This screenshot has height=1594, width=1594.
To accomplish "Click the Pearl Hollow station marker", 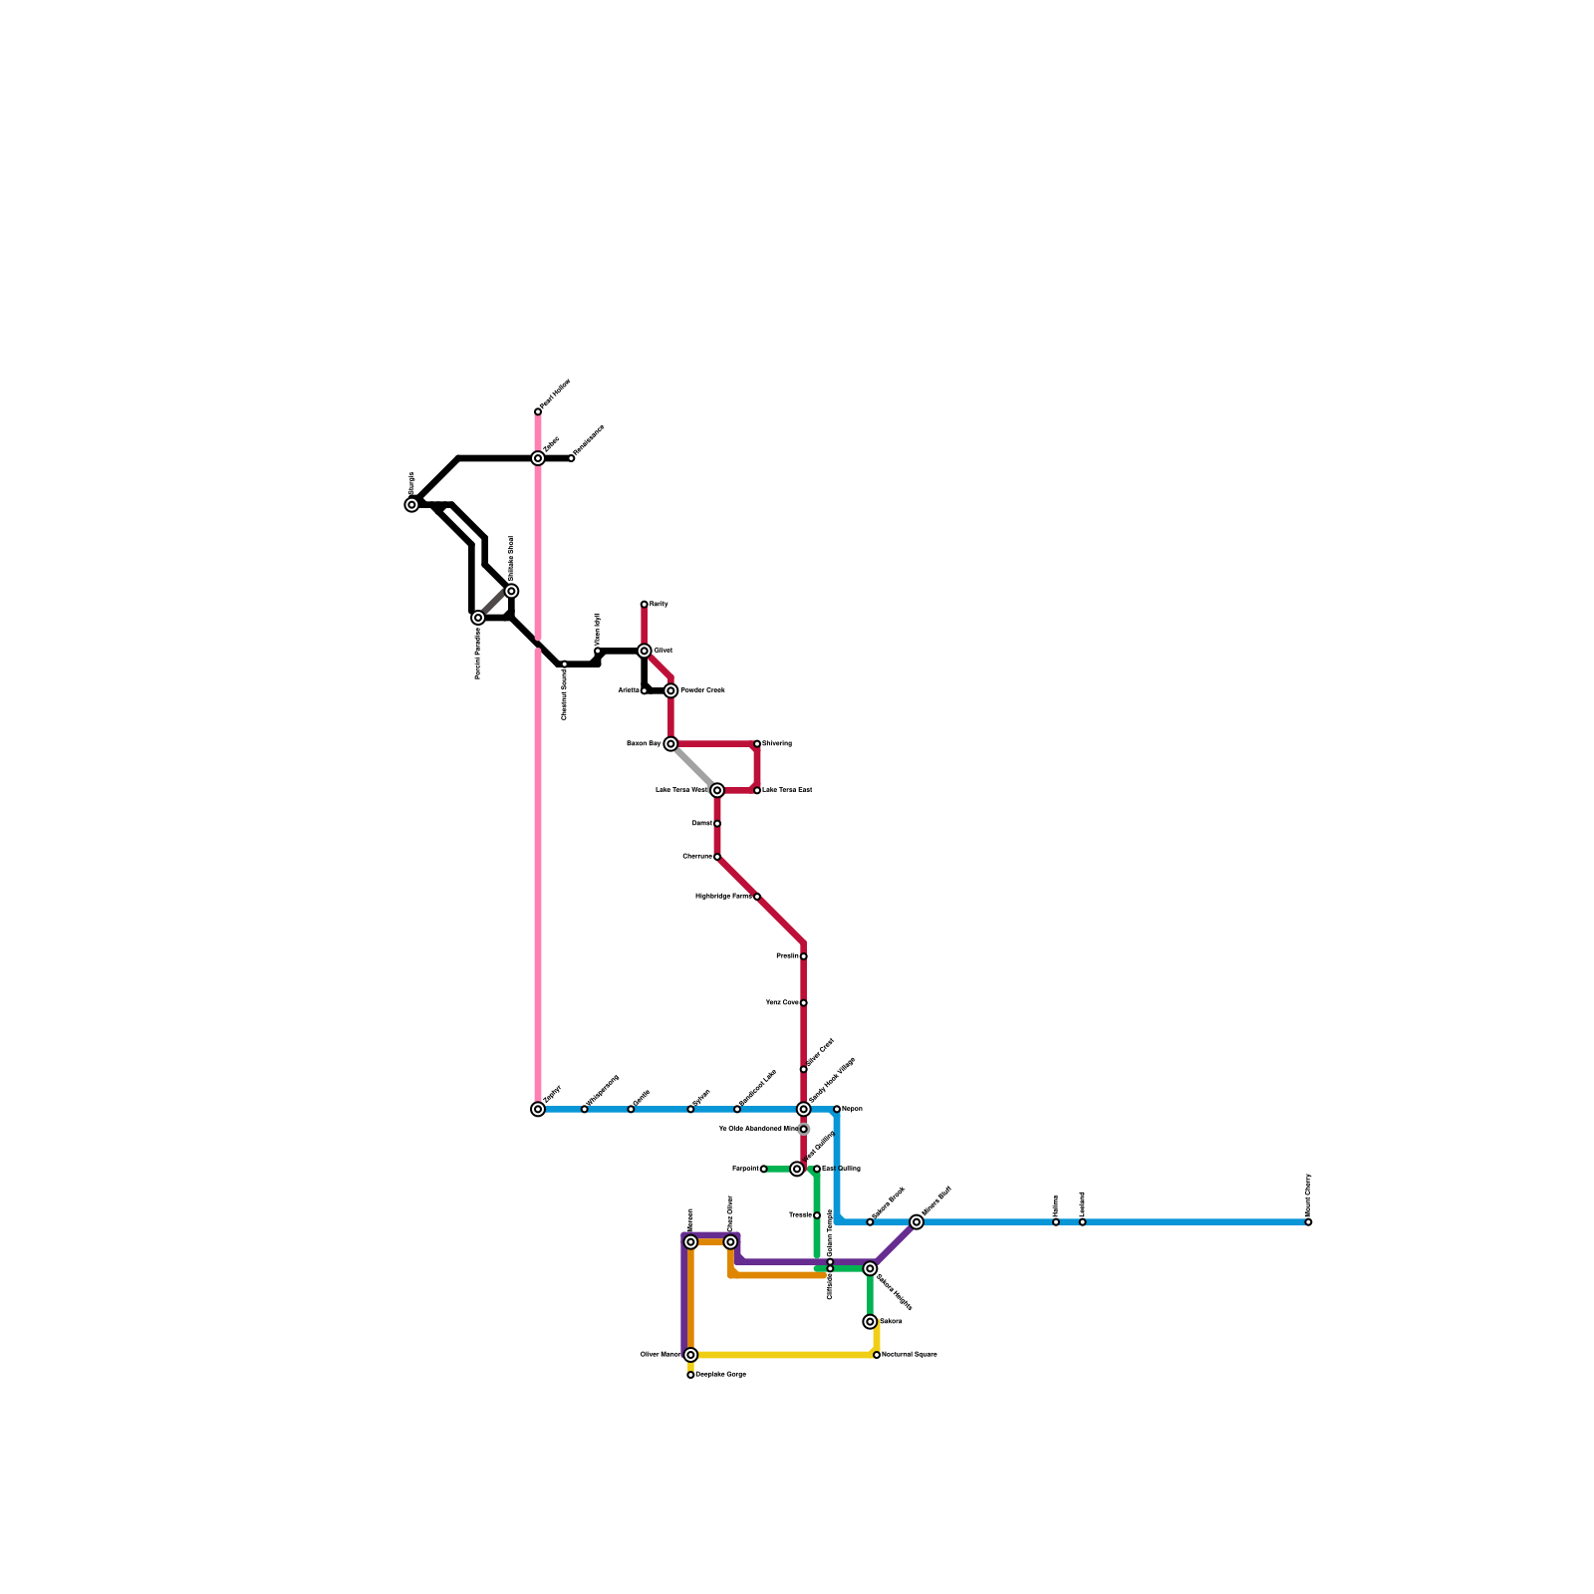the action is coord(538,410).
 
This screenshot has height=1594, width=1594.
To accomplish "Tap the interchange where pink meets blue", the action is coord(538,1109).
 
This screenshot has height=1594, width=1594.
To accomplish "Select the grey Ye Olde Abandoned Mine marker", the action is coord(803,1129).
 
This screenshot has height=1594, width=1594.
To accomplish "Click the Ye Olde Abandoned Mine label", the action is coord(757,1129).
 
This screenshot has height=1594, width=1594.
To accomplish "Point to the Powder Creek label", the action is coord(702,690).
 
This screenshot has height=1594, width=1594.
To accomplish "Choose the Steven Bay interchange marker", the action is coord(670,743).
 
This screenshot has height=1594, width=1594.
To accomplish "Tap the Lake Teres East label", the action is coord(787,790).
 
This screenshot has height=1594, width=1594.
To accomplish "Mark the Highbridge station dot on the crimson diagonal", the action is coord(757,897).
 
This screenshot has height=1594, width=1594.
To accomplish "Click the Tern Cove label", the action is coord(781,1002).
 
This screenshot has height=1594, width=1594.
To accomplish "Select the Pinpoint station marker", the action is coord(764,1169).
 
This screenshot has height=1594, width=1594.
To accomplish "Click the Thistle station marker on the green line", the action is coord(817,1215).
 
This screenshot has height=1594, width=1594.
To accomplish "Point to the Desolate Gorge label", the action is coord(720,1375).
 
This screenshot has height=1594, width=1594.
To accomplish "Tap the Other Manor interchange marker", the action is coord(690,1355).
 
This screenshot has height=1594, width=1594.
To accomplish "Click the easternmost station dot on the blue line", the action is coord(1308,1222).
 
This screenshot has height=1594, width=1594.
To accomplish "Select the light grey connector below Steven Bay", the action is coord(693,767).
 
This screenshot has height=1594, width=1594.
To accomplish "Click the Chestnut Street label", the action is coord(564,694).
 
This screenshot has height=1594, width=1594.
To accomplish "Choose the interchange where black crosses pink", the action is coord(538,458).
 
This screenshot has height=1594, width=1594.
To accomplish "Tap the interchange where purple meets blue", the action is coord(917,1222).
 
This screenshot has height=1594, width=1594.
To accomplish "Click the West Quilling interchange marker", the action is coord(797,1169).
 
